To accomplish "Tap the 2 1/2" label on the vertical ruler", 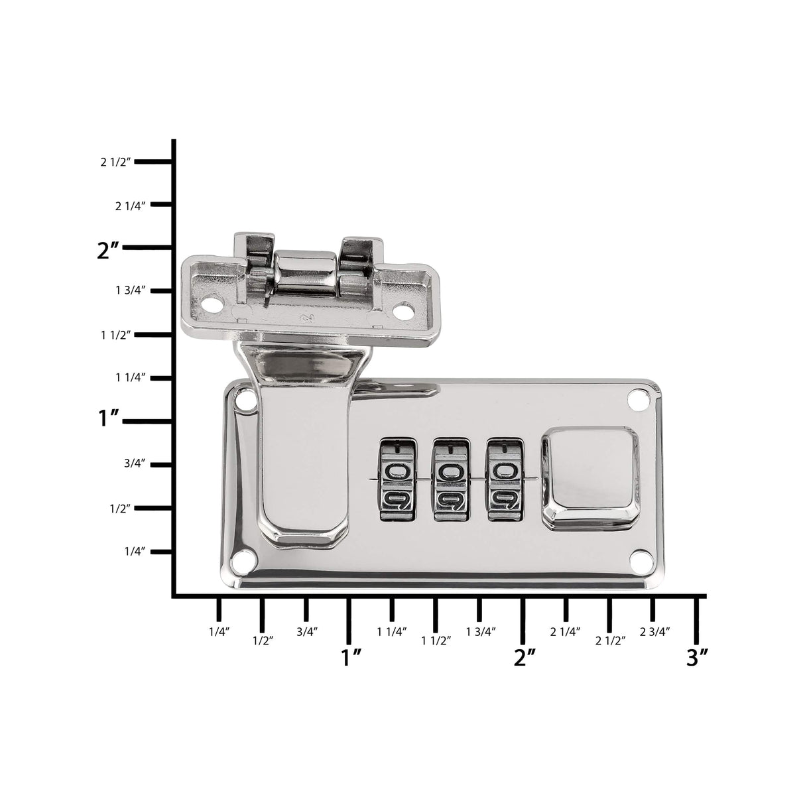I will (117, 162).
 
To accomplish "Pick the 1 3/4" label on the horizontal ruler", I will (481, 632).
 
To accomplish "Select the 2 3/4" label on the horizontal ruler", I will (655, 632).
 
